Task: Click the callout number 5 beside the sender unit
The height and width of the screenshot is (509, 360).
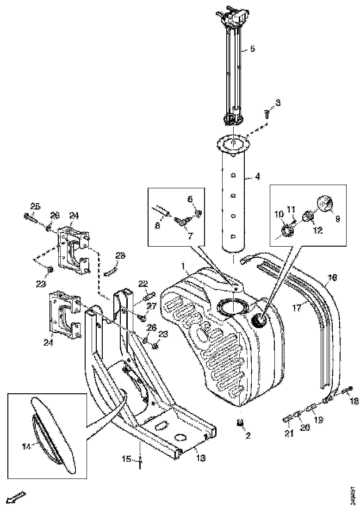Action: pyautogui.click(x=252, y=50)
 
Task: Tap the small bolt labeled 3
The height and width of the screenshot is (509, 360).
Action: pyautogui.click(x=267, y=114)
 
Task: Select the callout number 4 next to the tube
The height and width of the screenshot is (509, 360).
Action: pyautogui.click(x=258, y=176)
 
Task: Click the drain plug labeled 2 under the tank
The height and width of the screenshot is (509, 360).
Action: pyautogui.click(x=240, y=422)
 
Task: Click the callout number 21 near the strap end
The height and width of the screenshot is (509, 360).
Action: pyautogui.click(x=289, y=434)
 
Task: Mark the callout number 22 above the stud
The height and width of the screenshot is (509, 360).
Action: pyautogui.click(x=143, y=283)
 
